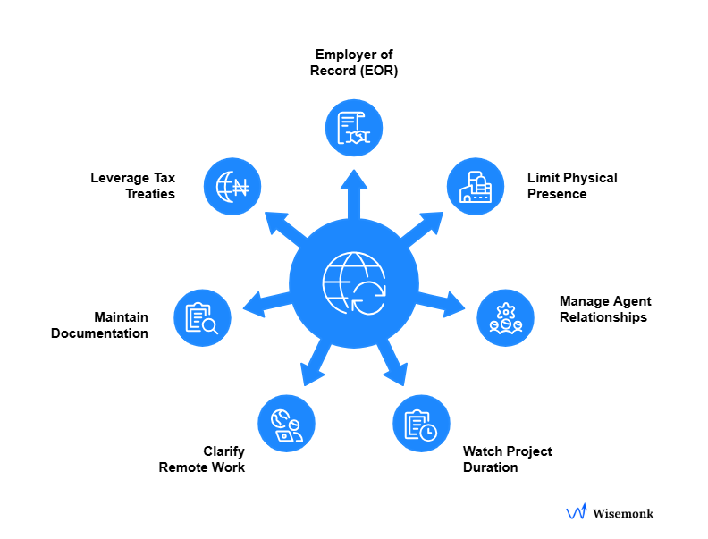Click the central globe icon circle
coord(354,280)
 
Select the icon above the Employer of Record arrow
coord(354,127)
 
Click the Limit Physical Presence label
coord(572,185)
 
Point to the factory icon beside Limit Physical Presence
coord(476,186)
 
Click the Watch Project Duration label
coord(507,459)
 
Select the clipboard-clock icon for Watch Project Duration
coord(421,424)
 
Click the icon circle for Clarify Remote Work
coord(286,423)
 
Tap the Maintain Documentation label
coord(99,324)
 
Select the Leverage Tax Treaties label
coord(132,185)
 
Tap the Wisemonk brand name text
coord(623,513)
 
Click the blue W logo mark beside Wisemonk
coord(577,512)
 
